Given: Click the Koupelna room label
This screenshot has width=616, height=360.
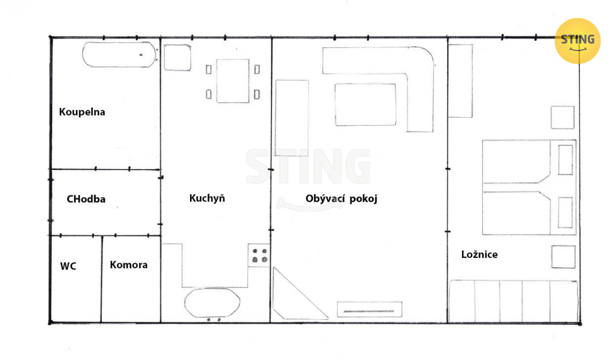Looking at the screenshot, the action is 82,112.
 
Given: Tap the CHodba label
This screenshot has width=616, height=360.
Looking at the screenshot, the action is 86,199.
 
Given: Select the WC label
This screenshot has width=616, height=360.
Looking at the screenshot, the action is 68,266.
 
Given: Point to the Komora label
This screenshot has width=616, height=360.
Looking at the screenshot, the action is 129,265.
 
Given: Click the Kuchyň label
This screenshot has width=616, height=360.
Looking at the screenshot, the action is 207,198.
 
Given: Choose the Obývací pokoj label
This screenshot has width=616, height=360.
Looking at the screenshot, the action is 341,198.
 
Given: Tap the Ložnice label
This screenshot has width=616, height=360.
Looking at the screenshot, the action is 479,254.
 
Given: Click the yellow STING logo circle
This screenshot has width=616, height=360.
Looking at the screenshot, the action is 577,41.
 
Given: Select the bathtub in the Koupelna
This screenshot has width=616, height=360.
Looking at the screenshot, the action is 119,54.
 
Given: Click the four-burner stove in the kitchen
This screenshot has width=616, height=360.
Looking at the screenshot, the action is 259,255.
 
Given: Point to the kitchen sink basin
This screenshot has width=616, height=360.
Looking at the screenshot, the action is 212,303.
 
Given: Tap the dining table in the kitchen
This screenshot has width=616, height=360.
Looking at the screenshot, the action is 233,81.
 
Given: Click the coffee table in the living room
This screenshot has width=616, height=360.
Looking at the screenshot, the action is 366,105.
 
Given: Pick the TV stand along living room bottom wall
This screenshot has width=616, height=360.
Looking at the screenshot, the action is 370,310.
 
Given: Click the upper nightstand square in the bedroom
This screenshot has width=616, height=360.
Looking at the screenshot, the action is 563,117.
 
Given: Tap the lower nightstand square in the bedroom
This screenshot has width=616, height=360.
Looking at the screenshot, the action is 563,257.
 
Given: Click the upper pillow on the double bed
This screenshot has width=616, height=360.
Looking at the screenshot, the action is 566,160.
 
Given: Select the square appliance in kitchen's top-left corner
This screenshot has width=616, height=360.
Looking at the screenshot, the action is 177,58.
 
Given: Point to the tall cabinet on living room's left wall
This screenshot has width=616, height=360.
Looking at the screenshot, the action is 292,118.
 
